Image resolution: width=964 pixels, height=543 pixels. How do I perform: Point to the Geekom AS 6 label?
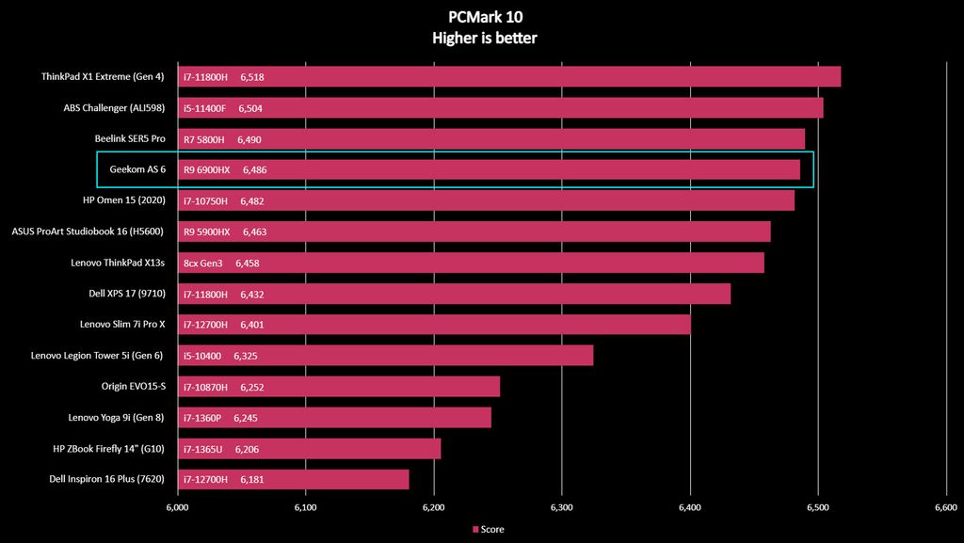137,169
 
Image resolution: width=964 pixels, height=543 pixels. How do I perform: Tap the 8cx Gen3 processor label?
203,263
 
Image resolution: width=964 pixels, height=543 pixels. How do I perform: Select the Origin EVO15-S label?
133,386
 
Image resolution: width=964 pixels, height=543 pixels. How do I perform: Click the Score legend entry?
489,529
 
